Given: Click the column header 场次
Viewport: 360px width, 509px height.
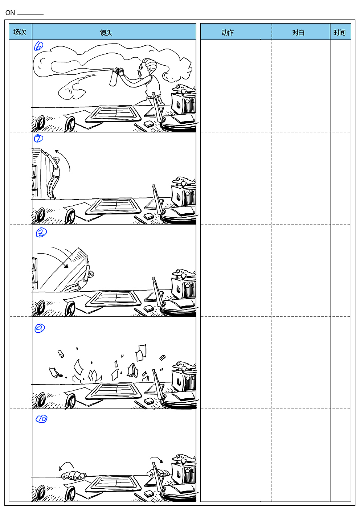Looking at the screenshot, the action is click(x=20, y=32).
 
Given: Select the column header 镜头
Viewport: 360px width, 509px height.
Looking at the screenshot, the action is click(x=106, y=33).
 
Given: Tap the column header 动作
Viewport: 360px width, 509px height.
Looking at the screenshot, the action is click(x=228, y=33).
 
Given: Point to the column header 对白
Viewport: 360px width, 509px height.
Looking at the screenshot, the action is click(x=298, y=33).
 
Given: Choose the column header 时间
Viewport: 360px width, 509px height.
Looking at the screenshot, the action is click(x=339, y=33).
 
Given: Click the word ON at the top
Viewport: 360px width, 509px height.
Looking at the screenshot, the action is click(x=10, y=13).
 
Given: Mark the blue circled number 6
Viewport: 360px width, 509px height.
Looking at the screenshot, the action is click(x=38, y=46).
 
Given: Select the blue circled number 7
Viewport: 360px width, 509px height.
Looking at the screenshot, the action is click(x=38, y=138).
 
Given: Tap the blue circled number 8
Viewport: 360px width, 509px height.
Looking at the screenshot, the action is click(x=41, y=233).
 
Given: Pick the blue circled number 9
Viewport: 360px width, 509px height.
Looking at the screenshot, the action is click(x=40, y=328).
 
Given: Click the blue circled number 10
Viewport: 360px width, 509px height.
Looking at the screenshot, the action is click(x=41, y=419).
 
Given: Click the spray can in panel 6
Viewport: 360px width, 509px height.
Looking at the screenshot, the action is click(x=114, y=77).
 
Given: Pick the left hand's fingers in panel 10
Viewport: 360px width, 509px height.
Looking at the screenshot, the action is click(x=74, y=475).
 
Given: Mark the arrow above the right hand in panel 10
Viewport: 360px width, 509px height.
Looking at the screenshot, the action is click(x=157, y=459).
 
